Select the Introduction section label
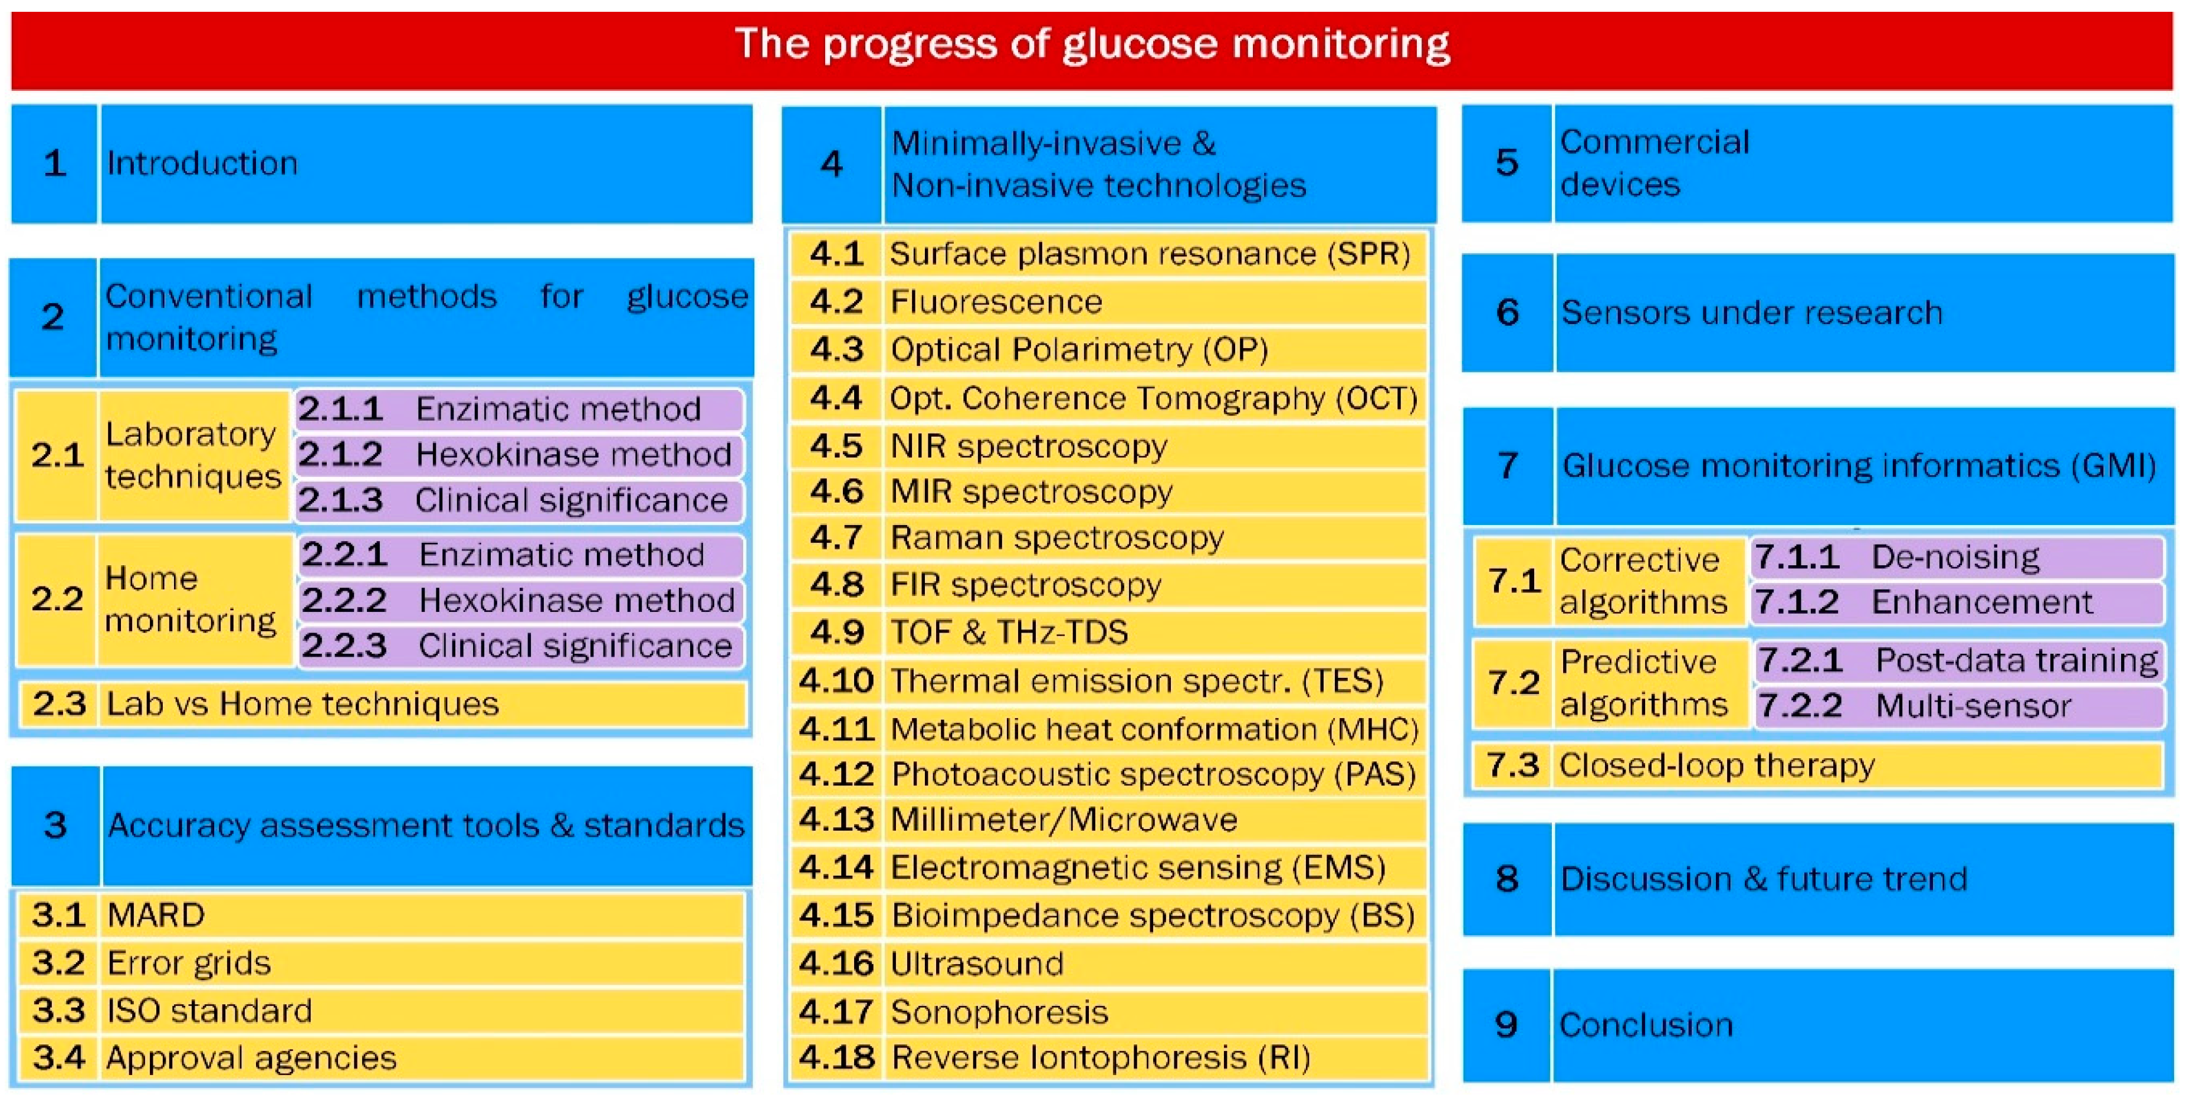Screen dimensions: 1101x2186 (202, 163)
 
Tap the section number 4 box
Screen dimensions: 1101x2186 (832, 164)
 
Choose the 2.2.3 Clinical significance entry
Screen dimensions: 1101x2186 (519, 646)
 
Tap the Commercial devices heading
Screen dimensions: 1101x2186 (1655, 163)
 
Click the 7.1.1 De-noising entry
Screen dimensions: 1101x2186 (1955, 558)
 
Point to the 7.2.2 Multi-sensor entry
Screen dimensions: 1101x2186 (1955, 706)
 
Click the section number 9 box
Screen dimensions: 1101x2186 (1506, 1025)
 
